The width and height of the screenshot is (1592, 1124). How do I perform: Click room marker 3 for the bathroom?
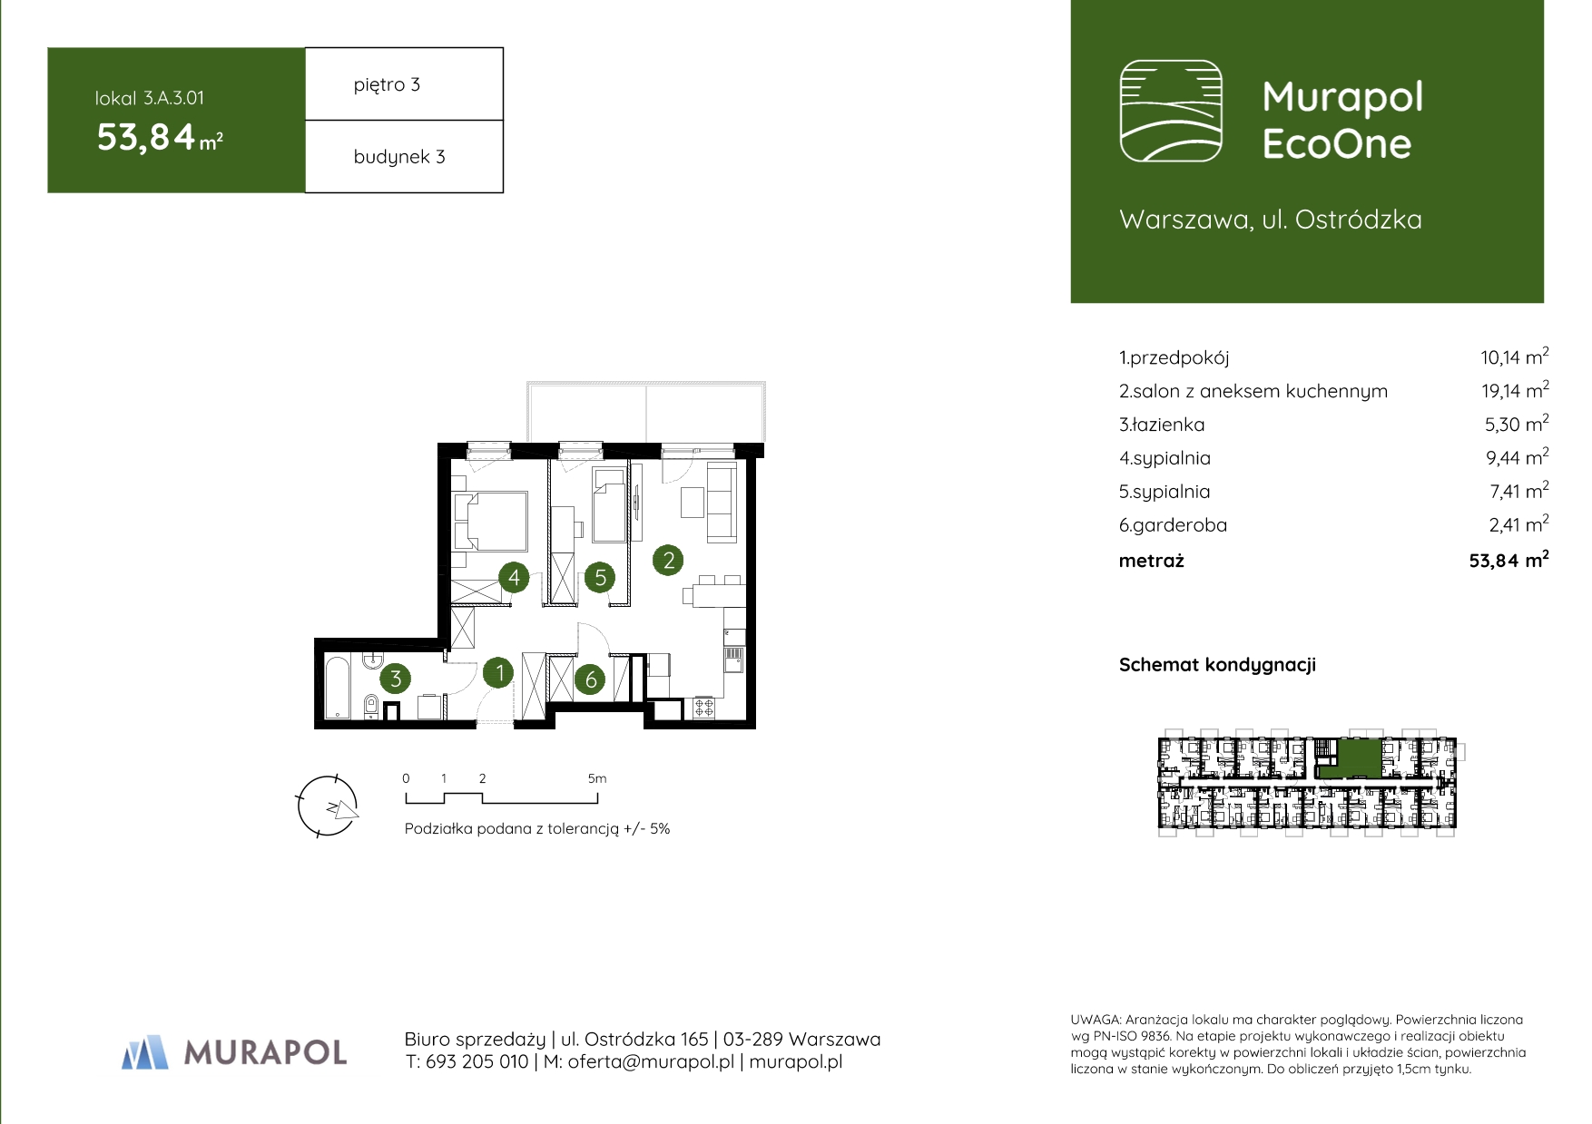tap(396, 678)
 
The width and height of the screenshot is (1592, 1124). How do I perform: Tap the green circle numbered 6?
tap(591, 679)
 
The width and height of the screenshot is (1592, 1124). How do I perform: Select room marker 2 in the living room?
tap(669, 560)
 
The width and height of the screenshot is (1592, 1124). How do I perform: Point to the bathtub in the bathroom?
tap(337, 686)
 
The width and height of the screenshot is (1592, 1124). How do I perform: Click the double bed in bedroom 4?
tap(491, 521)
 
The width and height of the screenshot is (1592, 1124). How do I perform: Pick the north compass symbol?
tap(329, 806)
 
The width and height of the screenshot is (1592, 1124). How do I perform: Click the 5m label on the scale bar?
tap(597, 778)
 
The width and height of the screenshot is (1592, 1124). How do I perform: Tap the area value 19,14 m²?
tap(1515, 390)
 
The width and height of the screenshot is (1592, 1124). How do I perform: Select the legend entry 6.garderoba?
tap(1173, 525)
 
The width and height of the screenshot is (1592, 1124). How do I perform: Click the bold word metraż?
tap(1152, 561)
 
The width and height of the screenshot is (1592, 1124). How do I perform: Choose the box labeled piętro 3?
tap(404, 83)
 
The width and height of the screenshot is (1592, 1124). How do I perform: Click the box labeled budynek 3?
tap(404, 156)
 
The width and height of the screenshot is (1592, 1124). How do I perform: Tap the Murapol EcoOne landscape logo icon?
tap(1171, 111)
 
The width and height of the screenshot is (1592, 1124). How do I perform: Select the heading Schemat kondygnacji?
tap(1217, 665)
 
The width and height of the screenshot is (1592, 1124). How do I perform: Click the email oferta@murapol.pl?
tap(651, 1061)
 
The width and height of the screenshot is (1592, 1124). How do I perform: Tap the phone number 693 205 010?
tap(477, 1061)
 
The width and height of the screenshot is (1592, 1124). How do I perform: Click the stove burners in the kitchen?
tap(704, 707)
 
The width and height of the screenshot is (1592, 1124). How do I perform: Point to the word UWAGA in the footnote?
tap(1096, 1020)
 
